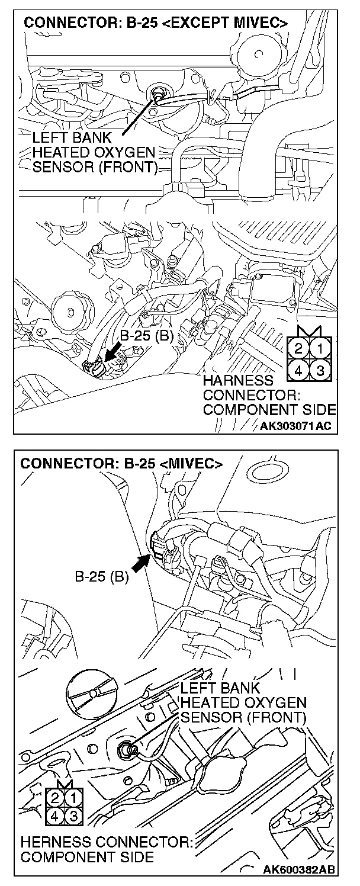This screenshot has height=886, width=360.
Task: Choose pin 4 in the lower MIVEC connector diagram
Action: coord(54,815)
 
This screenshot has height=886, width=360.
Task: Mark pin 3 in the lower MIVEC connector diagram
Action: coord(73,815)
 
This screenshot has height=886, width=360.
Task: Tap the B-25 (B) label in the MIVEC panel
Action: coord(101,576)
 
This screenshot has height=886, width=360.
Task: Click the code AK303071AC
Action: coord(297,425)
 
